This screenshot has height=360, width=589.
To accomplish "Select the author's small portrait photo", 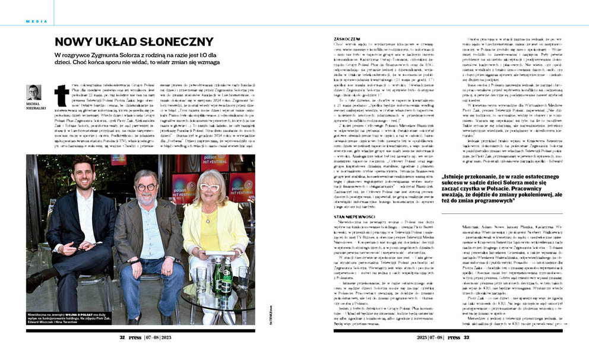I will (x=34, y=92).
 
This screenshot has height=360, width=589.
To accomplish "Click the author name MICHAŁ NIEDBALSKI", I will (x=34, y=106).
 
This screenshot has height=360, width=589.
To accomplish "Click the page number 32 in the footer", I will (x=122, y=337).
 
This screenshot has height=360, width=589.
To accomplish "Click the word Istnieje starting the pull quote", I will (x=454, y=178).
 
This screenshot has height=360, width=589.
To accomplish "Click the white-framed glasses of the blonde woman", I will (x=209, y=187).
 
